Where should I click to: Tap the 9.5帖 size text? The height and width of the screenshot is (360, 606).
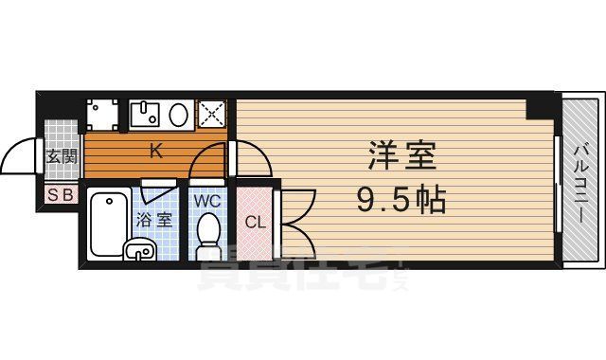[x=401, y=199]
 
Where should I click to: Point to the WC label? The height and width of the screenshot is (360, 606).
[x=207, y=200]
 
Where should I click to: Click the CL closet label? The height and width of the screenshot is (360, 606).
[x=254, y=223]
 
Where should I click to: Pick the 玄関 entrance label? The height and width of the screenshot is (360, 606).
[x=62, y=156]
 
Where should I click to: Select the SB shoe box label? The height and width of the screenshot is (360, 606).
[x=60, y=195]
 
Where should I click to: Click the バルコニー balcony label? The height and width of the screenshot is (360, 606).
[x=579, y=181]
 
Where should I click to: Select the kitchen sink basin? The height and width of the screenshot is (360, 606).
[x=146, y=114]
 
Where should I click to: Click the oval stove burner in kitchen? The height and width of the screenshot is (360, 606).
[x=179, y=115]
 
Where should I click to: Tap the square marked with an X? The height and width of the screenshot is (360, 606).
[x=212, y=115]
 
